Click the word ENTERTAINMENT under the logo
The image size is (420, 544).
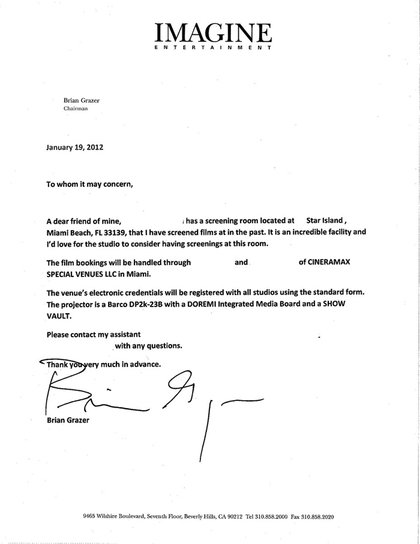[213, 47]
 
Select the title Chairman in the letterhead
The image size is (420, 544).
[76, 109]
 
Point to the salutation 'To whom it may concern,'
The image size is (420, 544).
[89, 184]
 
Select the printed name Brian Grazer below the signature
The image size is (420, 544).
[68, 420]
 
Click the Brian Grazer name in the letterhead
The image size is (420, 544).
[82, 101]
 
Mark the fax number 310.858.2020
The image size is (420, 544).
[320, 517]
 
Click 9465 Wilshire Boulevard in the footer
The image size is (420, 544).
[121, 517]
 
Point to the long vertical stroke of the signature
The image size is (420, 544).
[204, 433]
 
